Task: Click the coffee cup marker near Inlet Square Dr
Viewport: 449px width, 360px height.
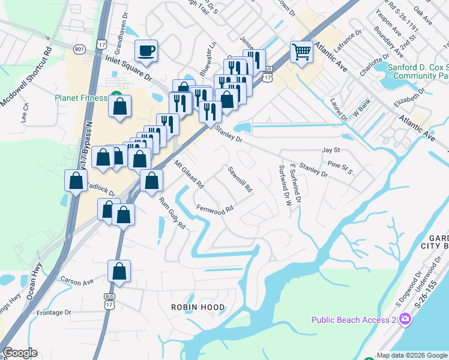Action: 146,50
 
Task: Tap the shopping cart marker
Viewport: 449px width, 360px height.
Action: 301,52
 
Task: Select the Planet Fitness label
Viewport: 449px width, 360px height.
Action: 81,98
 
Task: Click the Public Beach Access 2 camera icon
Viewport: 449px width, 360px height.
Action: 406,319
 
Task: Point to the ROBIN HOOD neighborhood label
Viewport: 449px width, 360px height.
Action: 198,307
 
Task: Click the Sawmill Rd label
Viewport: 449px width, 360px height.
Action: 240,179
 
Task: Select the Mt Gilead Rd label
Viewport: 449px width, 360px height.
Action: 190,174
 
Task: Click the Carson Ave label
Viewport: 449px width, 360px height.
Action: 77,280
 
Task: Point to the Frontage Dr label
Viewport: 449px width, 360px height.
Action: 54,313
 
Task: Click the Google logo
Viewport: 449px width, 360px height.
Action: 20,353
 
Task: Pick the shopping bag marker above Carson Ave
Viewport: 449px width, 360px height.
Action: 119,271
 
